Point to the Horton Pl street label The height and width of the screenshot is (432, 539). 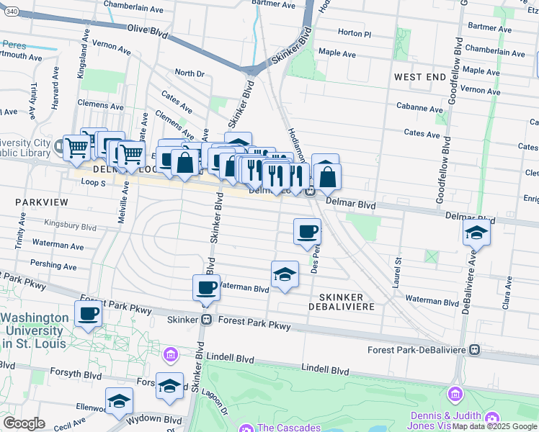tap(354, 34)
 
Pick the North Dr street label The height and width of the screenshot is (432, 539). tap(190, 73)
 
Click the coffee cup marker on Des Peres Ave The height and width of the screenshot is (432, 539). tap(307, 231)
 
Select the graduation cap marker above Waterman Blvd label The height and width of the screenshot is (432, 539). tap(285, 274)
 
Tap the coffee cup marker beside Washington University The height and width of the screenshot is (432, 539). tap(88, 314)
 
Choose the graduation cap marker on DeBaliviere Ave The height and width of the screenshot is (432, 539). tap(476, 233)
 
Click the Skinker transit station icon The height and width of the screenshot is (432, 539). tap(206, 320)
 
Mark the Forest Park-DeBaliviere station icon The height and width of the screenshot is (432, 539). tap(474, 349)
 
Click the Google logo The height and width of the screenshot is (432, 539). tap(24, 423)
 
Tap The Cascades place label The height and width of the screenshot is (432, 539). tap(288, 428)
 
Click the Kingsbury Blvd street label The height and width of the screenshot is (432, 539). tap(70, 226)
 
